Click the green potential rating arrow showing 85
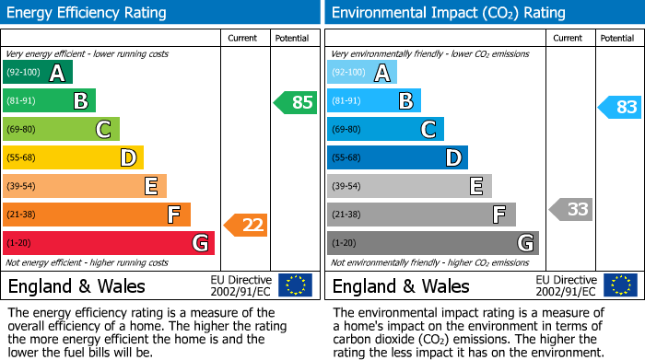296,102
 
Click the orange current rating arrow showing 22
246,224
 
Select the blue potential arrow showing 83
620,107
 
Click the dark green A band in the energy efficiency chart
38,73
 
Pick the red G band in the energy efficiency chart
109,243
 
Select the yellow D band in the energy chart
73,158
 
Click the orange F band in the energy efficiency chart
97,215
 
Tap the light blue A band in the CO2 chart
362,73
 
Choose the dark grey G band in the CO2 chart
433,243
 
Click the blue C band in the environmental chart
386,130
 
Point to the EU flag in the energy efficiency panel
295,285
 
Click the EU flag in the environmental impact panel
619,285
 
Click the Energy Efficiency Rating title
88,13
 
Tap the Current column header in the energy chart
243,38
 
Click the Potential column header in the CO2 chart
616,38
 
